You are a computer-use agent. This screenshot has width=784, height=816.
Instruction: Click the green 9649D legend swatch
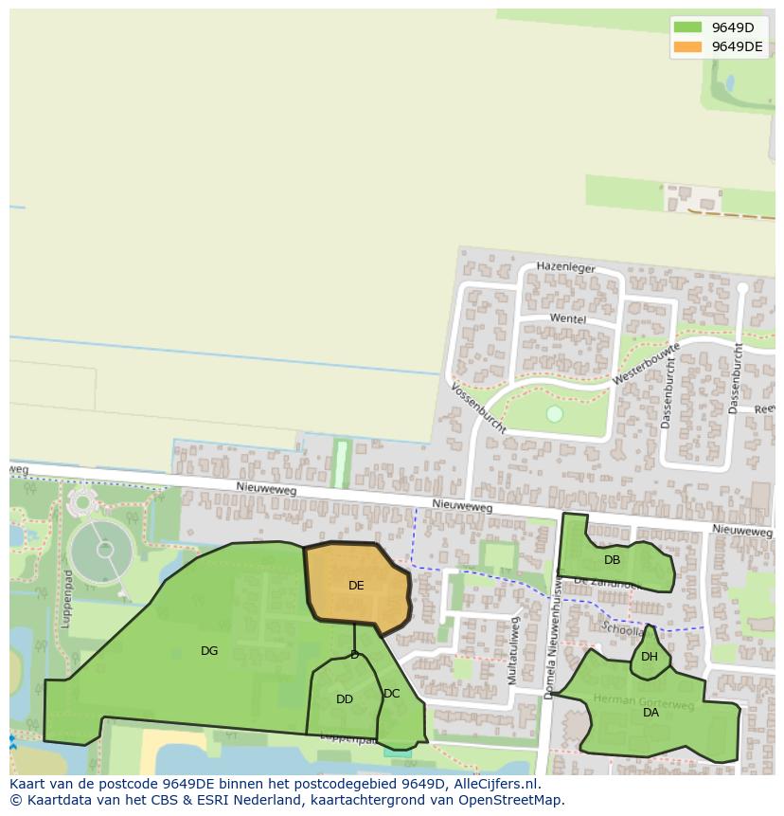[x=687, y=27]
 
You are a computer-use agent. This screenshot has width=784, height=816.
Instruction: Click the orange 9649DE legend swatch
[x=687, y=46]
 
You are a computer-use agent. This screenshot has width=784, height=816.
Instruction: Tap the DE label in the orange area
[x=356, y=586]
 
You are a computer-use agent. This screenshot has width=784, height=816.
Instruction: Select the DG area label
[x=209, y=651]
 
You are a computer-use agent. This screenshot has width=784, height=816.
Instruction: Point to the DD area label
[x=345, y=699]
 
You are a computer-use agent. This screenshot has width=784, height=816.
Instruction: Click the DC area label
[x=392, y=694]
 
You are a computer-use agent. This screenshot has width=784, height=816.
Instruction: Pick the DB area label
[x=613, y=560]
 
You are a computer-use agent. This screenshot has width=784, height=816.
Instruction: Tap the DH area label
[x=650, y=657]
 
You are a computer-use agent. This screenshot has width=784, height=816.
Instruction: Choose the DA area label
[x=650, y=713]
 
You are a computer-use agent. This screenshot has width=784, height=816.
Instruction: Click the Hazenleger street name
[x=566, y=268]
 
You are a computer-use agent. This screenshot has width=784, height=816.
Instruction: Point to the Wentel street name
[x=568, y=319]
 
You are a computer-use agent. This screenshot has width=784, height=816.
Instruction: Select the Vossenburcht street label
[x=478, y=408]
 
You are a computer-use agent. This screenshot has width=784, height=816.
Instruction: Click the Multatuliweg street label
[x=514, y=651]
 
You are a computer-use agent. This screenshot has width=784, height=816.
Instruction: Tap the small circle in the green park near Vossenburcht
[x=555, y=414]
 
